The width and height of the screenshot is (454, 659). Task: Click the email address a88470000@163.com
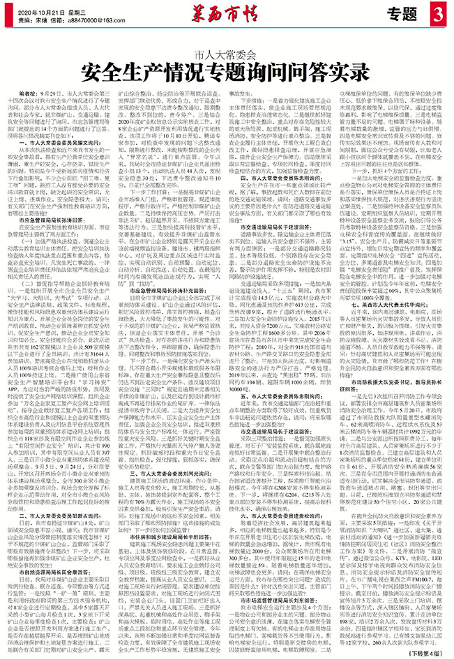pos(92,21)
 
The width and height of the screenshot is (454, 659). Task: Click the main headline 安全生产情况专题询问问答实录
pos(226,70)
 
